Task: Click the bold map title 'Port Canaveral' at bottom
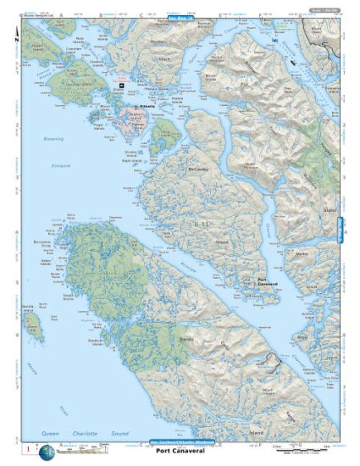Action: click(180, 452)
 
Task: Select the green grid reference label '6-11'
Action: click(200, 224)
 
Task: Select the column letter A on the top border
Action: click(60, 15)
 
